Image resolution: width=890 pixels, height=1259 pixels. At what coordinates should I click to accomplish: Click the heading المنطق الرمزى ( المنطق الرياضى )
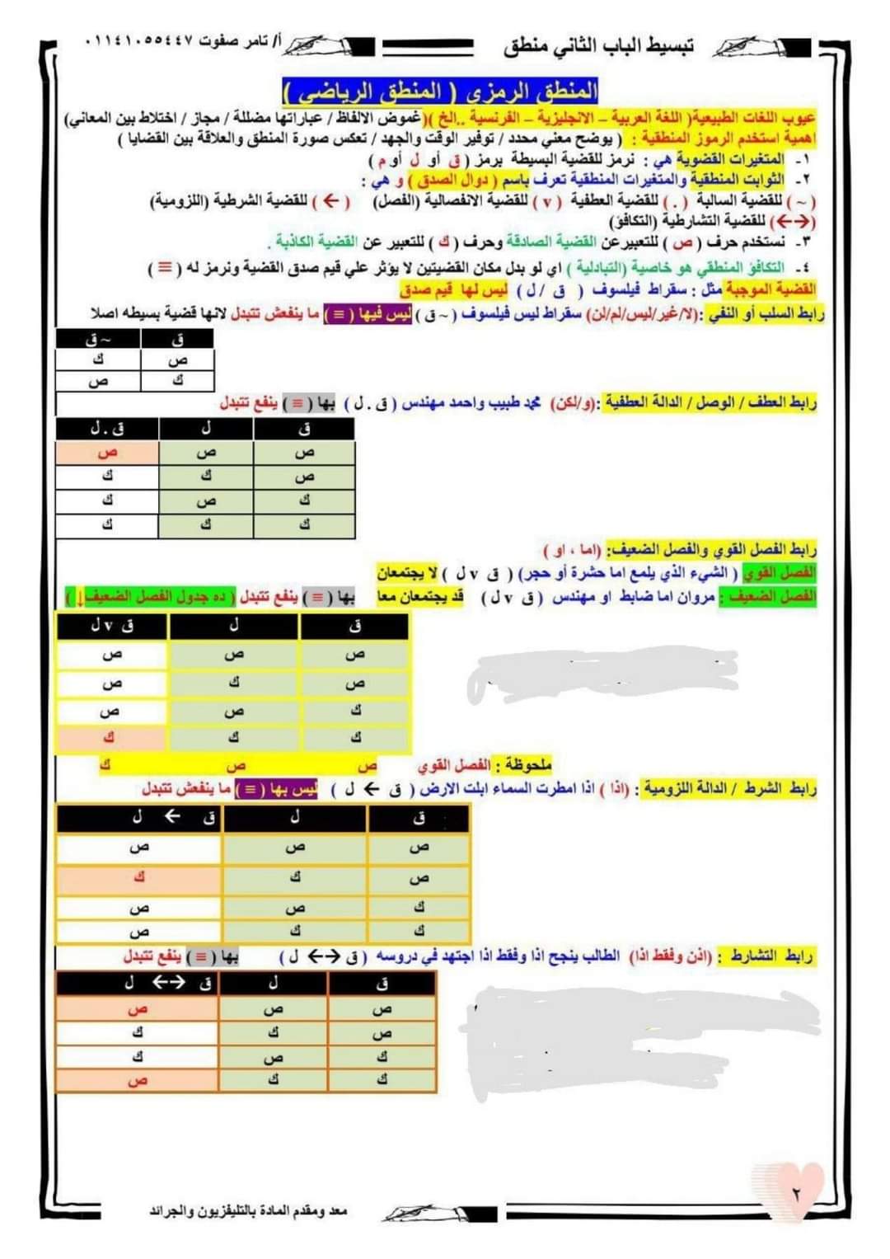(x=441, y=90)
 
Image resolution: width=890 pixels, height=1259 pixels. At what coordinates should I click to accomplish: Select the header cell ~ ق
(x=99, y=339)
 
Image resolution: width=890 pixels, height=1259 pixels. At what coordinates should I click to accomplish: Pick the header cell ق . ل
(x=107, y=429)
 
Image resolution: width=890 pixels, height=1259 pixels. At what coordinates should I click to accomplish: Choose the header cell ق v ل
(x=112, y=627)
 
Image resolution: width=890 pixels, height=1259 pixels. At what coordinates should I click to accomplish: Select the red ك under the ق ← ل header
(x=139, y=877)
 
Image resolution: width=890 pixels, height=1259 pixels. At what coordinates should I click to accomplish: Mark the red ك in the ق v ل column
(x=109, y=736)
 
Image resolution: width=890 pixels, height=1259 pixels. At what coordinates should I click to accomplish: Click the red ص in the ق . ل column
(x=107, y=453)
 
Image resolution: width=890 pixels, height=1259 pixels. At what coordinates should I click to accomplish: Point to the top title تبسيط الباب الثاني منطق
(x=599, y=46)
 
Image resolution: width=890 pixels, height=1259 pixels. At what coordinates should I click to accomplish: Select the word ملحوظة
(x=527, y=764)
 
